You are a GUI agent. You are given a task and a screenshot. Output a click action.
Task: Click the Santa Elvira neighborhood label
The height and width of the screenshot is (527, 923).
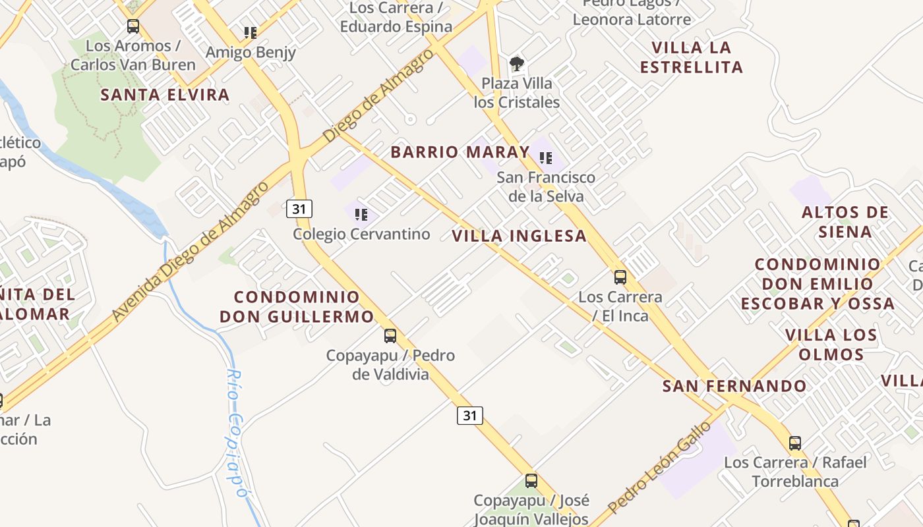165,95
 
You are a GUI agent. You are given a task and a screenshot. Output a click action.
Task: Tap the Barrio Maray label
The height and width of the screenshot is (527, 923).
460,152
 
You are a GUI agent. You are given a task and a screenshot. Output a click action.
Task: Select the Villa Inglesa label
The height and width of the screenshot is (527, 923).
520,236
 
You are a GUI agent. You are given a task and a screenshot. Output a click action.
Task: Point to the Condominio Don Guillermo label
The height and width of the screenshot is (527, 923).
297,307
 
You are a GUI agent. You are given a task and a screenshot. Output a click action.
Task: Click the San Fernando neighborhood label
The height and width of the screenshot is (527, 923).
734,386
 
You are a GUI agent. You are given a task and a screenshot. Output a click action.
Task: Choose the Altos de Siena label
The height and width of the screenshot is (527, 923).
845,222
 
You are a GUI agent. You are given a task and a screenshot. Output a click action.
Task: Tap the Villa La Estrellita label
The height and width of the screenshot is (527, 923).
692,57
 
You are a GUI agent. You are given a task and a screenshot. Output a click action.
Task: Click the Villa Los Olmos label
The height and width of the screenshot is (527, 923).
831,345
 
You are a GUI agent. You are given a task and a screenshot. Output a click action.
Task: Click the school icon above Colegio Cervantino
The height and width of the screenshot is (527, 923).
361,214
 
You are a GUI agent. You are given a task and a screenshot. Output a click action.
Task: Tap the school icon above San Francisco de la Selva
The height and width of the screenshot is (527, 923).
546,158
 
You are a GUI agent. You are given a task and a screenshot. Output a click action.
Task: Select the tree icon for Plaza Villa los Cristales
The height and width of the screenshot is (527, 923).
517,64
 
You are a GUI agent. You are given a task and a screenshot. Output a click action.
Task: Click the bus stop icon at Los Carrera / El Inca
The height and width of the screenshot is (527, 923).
620,277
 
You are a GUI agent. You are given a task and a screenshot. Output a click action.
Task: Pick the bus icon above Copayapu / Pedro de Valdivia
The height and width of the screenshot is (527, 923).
390,336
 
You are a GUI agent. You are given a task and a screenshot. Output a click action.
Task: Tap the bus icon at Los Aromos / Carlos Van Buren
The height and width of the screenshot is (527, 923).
133,26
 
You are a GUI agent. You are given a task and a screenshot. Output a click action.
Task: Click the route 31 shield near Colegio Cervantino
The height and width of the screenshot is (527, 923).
299,209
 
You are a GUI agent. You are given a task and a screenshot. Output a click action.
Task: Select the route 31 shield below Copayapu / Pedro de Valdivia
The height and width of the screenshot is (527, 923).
469,415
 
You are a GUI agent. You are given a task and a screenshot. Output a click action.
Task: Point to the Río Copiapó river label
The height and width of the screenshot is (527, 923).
235,431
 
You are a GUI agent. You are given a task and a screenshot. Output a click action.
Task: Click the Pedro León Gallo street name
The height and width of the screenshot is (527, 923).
659,468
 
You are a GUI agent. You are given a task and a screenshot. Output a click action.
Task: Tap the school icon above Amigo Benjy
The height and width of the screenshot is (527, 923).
250,32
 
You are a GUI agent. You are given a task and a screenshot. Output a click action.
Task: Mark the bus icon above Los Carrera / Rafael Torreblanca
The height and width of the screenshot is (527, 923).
795,443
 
